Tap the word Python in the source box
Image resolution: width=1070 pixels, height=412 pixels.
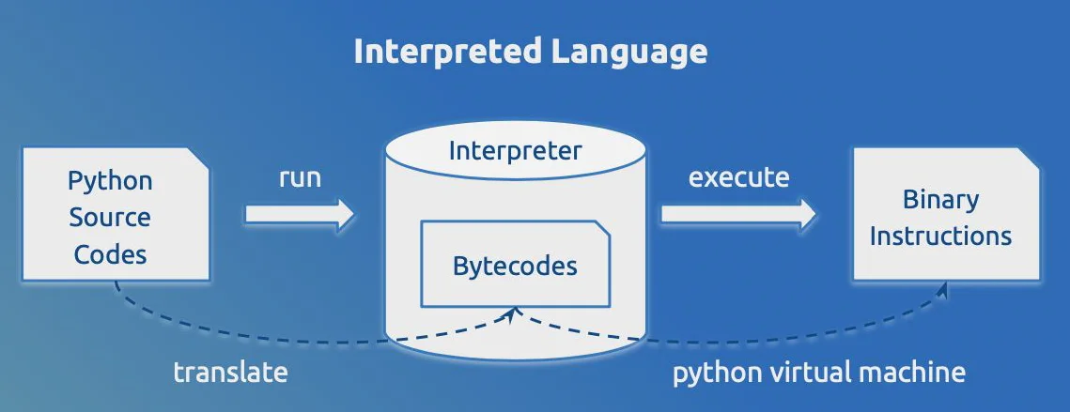point(110,179)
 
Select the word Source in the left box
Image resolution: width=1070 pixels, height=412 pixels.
point(110,217)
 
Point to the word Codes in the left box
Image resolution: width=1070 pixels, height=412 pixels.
point(110,253)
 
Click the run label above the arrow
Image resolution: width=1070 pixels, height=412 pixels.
point(300,177)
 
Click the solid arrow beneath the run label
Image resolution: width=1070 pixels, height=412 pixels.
point(300,214)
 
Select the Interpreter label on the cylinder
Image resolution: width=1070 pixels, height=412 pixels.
point(515,150)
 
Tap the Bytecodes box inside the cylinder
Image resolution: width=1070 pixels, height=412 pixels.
point(515,265)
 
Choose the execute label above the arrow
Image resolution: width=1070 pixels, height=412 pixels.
point(738,176)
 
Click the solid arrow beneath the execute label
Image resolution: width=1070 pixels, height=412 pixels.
point(738,214)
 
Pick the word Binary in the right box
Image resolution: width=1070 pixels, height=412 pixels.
point(940,199)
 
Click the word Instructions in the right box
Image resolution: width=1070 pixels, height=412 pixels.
point(940,235)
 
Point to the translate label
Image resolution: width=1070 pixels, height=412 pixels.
point(230,372)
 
